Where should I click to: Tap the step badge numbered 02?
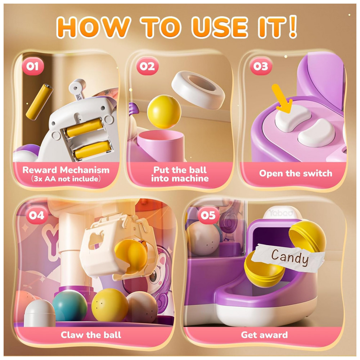coord(147,66)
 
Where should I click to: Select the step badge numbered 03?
coord(261,66)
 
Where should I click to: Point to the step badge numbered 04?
coord(37,215)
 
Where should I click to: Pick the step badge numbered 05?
coord(208,215)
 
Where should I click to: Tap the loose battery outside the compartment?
coord(39,102)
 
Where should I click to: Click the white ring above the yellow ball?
coord(198,90)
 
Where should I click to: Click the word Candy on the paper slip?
coord(290,257)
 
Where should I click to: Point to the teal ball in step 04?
coord(69,305)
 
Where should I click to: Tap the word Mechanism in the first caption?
coord(85,170)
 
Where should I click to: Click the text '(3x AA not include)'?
coord(66,179)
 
